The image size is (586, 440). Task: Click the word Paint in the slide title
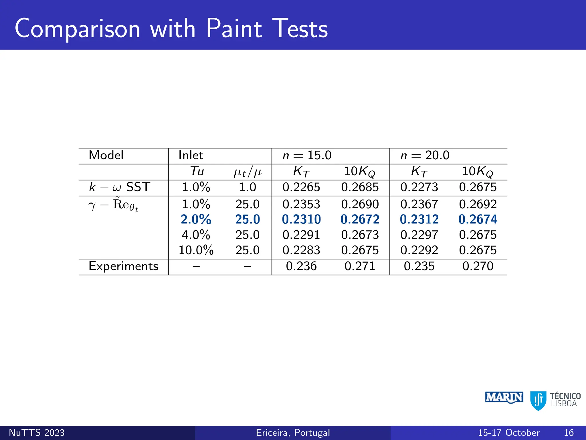(234, 29)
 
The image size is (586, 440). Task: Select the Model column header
(106, 155)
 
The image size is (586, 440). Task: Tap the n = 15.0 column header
(307, 155)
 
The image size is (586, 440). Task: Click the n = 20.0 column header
(425, 155)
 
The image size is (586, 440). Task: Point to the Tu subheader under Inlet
(197, 171)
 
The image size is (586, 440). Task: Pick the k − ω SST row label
(119, 187)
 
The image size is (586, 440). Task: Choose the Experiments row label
(123, 266)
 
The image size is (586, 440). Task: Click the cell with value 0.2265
(301, 187)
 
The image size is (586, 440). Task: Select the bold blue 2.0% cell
(196, 219)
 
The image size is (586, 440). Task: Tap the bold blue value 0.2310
(301, 219)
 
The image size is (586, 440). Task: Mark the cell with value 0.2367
(419, 204)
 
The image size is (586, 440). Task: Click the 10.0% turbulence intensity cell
(196, 250)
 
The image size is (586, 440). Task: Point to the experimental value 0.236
(301, 266)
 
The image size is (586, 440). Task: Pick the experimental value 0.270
(478, 266)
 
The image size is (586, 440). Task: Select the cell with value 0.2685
(360, 187)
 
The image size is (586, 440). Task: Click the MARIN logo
(504, 398)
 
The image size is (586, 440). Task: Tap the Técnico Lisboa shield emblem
(538, 400)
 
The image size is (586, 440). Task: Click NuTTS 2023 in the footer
(37, 433)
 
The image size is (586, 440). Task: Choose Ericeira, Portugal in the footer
(293, 433)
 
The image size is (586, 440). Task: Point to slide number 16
(569, 433)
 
